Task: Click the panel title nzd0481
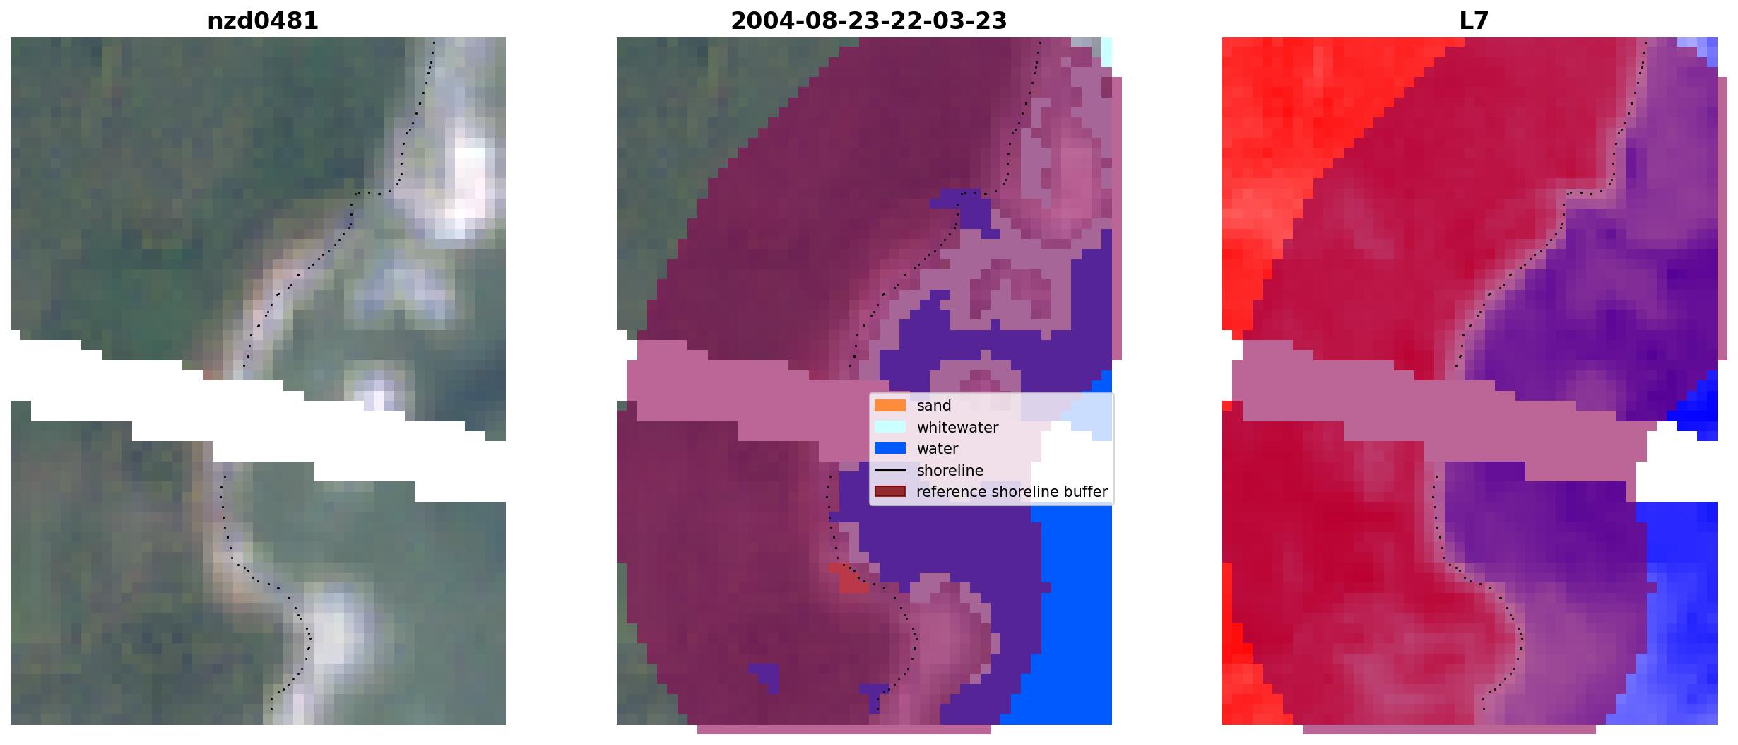tap(262, 21)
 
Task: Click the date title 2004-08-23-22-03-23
tap(868, 21)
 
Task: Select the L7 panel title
tap(1474, 21)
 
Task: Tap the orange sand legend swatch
tap(889, 406)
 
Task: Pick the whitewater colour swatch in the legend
tap(889, 427)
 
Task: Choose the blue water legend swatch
tap(889, 449)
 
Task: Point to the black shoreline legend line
tap(889, 471)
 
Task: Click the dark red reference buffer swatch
tap(889, 492)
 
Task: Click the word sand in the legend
tap(934, 406)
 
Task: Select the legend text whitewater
tap(957, 428)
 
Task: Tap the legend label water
tap(938, 449)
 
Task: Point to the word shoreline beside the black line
tap(950, 471)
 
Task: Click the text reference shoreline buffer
tap(1012, 492)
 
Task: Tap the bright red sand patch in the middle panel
tap(851, 579)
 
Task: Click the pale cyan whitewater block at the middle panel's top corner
tap(1106, 52)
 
